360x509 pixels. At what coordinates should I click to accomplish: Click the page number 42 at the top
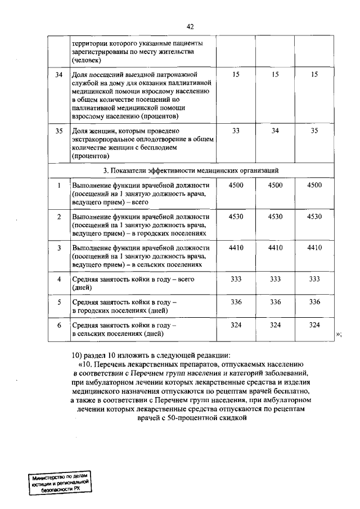[x=190, y=26]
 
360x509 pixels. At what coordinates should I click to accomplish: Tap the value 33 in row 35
[x=236, y=130]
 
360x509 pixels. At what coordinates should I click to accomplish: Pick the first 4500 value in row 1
[x=236, y=185]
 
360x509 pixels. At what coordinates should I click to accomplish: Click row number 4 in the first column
[x=58, y=278]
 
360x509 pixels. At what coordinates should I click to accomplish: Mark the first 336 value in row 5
[x=236, y=301]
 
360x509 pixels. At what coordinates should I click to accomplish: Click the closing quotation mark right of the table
[x=339, y=334]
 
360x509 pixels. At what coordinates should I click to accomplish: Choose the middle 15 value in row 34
[x=275, y=74]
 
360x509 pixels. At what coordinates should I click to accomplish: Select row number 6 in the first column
[x=58, y=325]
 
